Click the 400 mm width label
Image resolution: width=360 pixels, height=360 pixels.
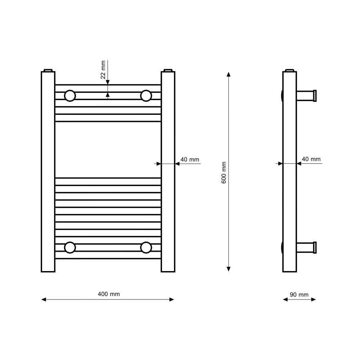109,294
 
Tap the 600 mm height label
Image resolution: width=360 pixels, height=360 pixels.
224,173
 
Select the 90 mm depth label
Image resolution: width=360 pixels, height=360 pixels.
299,294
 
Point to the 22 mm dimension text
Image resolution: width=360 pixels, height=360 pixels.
103,69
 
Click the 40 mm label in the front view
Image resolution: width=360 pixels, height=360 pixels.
190,159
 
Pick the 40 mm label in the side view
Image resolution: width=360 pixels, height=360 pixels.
311,159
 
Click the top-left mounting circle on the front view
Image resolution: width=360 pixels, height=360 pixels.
70,96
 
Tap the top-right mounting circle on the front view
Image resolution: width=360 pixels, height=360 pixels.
146,96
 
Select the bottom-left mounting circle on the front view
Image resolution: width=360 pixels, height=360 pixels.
70,248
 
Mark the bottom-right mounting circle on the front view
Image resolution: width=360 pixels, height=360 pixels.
146,248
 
